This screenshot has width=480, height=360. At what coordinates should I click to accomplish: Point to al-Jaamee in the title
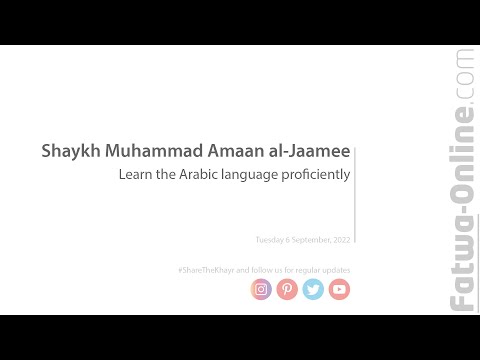click(x=308, y=153)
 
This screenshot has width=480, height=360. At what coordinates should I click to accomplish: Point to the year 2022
click(x=342, y=240)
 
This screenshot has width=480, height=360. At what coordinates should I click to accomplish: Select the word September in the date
click(x=311, y=240)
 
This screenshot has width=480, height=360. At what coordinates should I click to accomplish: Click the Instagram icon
click(x=261, y=289)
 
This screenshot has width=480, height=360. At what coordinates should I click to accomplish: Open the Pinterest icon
click(x=287, y=289)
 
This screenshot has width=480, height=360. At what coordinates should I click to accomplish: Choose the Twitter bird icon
click(x=313, y=289)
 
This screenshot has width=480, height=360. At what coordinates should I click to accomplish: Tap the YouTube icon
click(x=339, y=289)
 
